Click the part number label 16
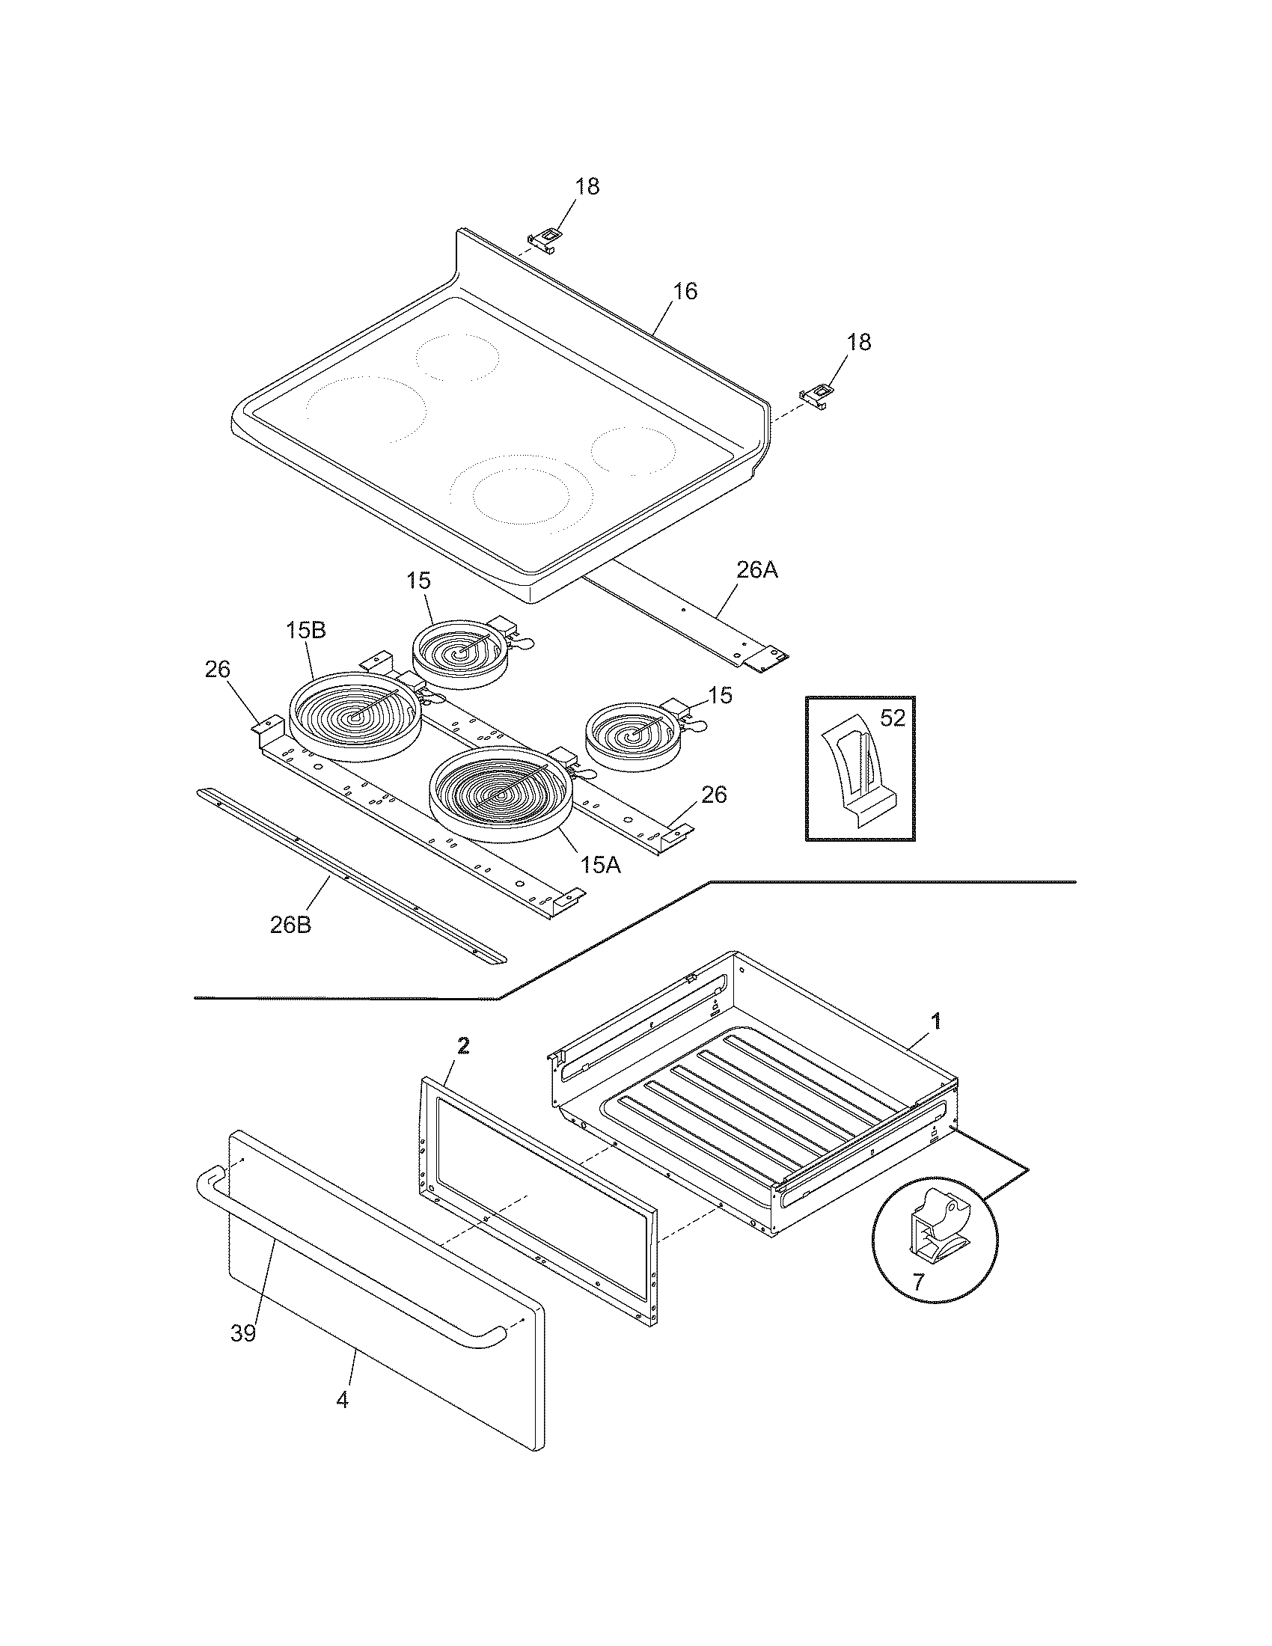click(x=684, y=292)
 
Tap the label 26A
click(x=756, y=571)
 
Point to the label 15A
click(x=601, y=865)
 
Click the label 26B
click(x=290, y=925)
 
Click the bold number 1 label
click(x=936, y=1022)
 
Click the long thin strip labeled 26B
click(x=350, y=876)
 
